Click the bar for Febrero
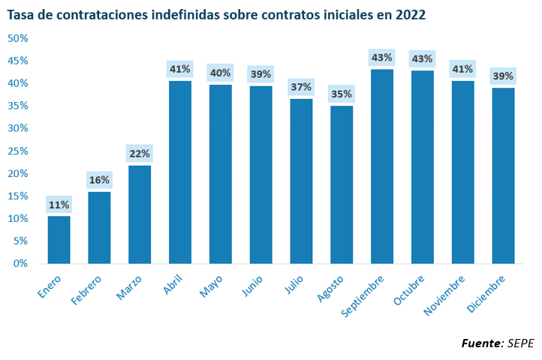pos(99,228)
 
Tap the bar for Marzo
pos(140,214)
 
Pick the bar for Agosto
pos(342,184)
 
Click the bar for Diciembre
pos(503,175)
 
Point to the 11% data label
pos(59,205)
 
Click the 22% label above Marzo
pos(140,154)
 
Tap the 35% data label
pos(342,94)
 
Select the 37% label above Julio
pos(301,87)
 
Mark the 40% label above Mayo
pos(221,73)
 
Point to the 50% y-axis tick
pos(17,38)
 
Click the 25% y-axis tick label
pos(17,151)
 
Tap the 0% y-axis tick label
pos(20,263)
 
